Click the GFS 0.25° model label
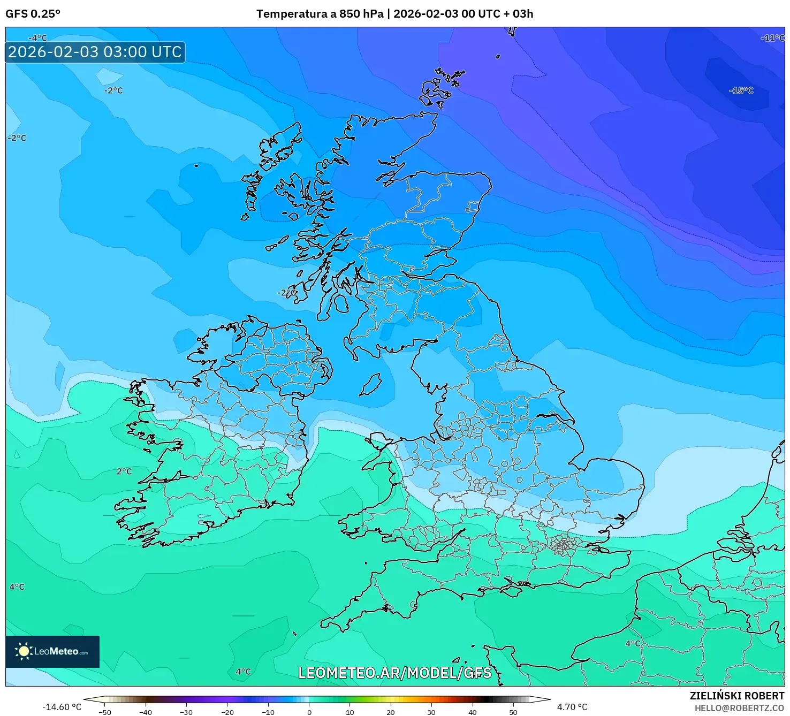(x=33, y=14)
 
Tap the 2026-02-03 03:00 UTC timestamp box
(x=95, y=52)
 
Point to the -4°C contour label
(x=37, y=38)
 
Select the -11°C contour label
(x=772, y=38)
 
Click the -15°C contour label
(x=741, y=90)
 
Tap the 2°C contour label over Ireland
(x=124, y=471)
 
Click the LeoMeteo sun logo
(x=24, y=651)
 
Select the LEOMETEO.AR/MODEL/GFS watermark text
(x=394, y=673)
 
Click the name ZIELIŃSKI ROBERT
(x=737, y=696)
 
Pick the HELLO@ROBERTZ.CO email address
(x=739, y=708)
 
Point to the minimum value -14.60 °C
(x=62, y=707)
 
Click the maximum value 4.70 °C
(x=572, y=707)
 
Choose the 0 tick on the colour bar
(x=309, y=712)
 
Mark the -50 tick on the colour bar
(x=105, y=712)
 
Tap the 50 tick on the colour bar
(x=513, y=712)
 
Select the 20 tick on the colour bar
(x=391, y=712)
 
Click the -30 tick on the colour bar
(x=186, y=712)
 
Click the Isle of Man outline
(x=370, y=385)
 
